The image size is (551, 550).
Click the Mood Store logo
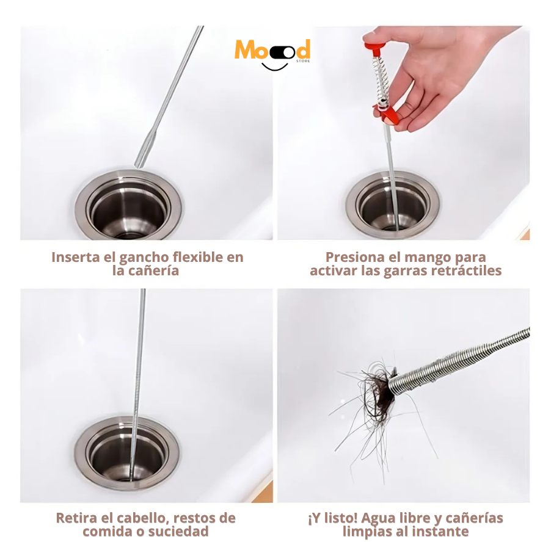pyautogui.click(x=272, y=52)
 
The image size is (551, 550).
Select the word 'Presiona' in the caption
pyautogui.click(x=355, y=257)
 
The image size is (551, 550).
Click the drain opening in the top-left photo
pyautogui.click(x=128, y=209)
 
